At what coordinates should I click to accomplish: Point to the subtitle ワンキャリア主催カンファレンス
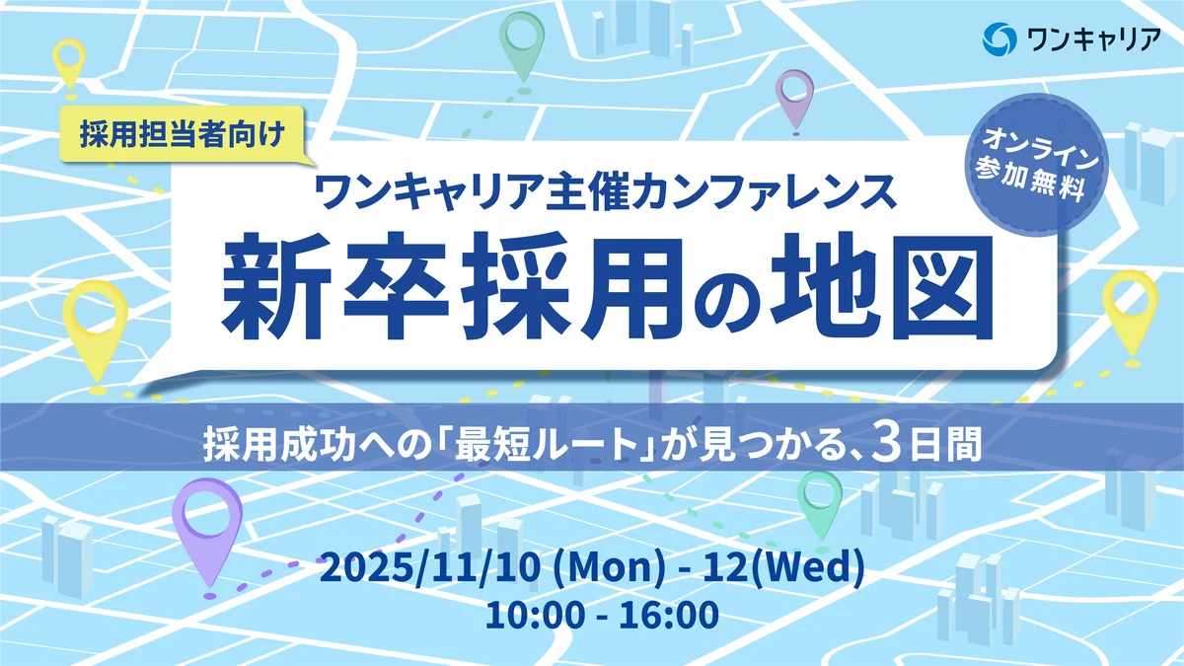(x=603, y=189)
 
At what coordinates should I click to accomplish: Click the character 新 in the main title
(x=276, y=282)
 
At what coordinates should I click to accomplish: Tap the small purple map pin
(x=793, y=97)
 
